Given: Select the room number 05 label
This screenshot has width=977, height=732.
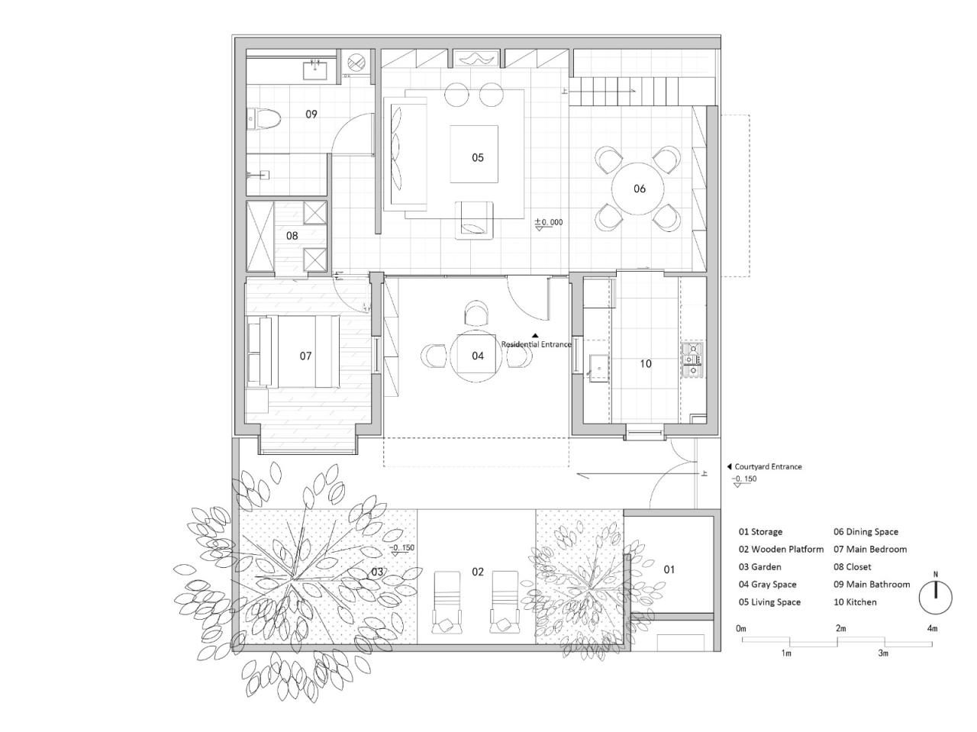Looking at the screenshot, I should coord(477,158).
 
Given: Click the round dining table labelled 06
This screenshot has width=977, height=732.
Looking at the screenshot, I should coord(639,189).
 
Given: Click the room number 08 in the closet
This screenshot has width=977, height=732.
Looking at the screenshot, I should coord(292,236).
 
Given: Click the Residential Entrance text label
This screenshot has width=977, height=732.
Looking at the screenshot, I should coord(536,344).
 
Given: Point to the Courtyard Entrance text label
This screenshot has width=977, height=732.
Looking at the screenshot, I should coord(768,466).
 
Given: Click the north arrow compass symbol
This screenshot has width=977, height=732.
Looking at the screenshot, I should coord(935,597).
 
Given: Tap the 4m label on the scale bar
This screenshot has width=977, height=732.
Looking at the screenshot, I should coord(931,629).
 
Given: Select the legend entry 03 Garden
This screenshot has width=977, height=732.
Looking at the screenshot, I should coord(759,567).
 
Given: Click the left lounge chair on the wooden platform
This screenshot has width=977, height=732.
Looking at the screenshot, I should coord(446,601).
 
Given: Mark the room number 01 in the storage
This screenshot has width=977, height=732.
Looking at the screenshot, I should coord(669,569).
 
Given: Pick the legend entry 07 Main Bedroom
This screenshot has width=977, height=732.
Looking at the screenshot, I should coord(870,550).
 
